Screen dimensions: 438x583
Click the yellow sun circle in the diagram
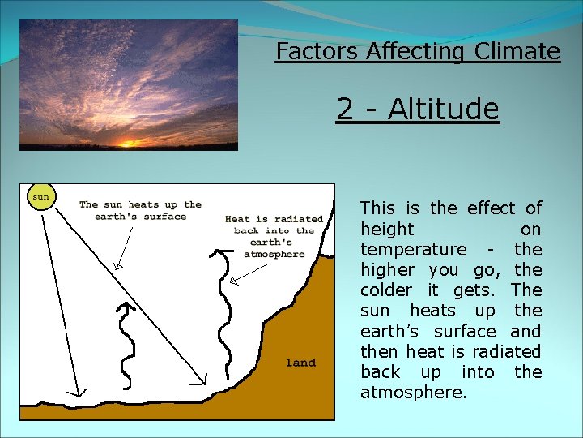coord(40,196)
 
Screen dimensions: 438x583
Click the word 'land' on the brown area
coord(300,363)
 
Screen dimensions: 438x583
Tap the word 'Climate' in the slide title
coord(517,52)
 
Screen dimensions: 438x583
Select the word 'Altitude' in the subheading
coord(443,109)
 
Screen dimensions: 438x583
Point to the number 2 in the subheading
coord(345,109)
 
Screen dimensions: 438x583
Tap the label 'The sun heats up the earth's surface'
coord(140,210)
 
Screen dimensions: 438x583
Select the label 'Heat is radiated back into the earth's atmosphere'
coord(274,236)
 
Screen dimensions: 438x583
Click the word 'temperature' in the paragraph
coord(413,250)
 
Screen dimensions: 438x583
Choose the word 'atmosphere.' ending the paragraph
coord(413,393)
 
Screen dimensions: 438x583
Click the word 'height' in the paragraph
coord(386,230)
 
